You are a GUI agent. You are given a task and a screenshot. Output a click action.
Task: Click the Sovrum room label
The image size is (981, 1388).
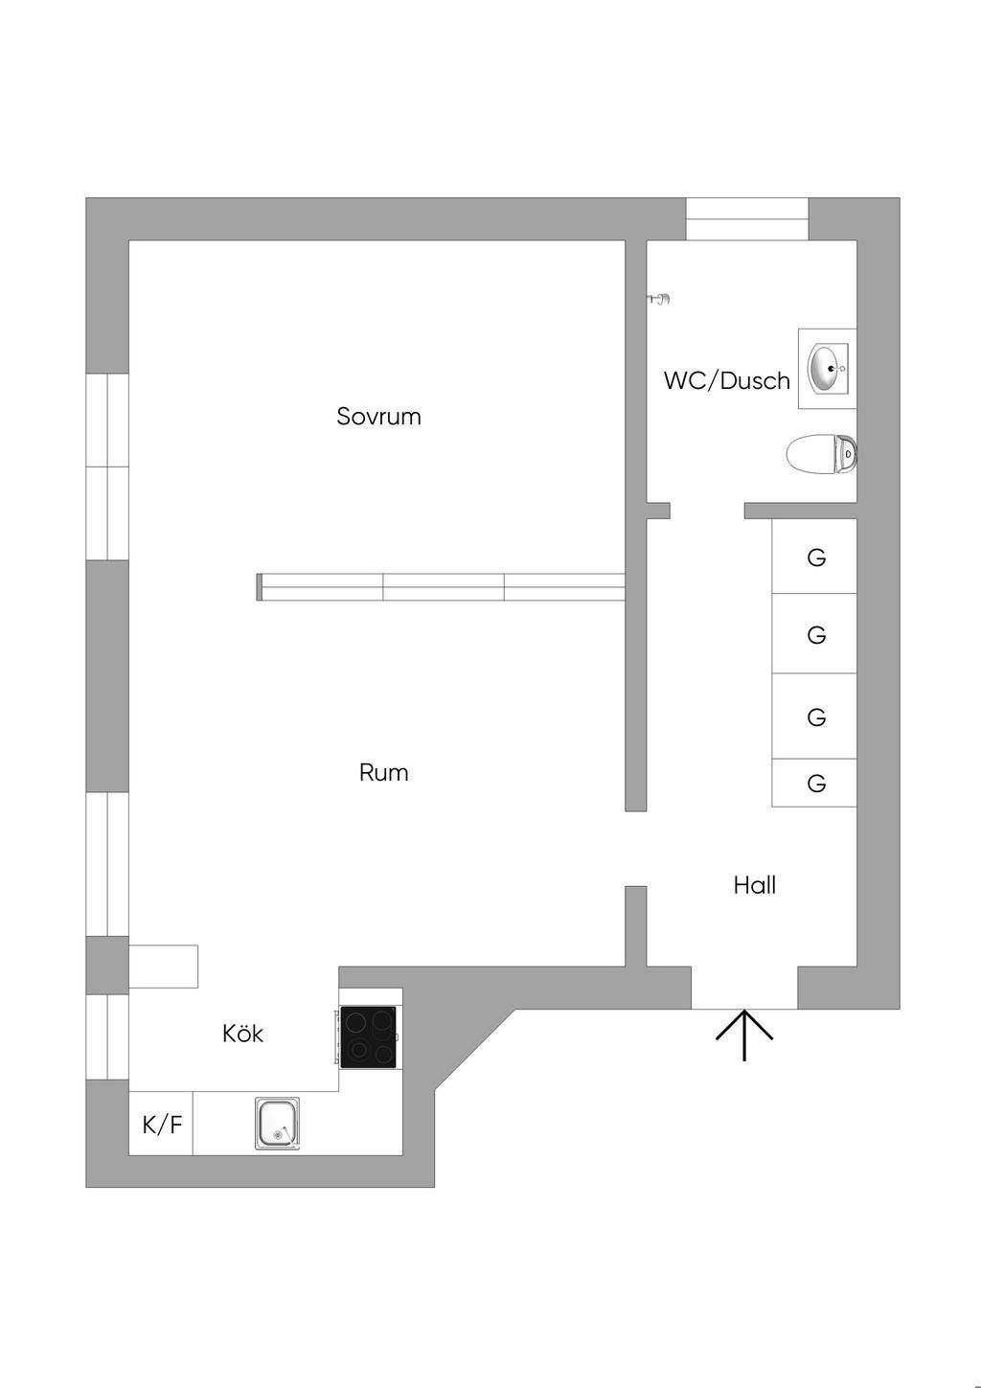tap(378, 417)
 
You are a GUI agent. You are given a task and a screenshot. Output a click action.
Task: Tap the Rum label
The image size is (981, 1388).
tap(383, 773)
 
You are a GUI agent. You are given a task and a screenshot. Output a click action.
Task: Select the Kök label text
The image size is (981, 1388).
tap(242, 1034)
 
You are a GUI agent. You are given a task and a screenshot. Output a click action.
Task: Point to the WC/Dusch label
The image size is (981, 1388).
tap(726, 381)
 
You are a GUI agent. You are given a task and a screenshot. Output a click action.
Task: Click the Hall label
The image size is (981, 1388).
tap(754, 885)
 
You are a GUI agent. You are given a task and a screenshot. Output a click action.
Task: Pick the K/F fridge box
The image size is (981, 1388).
tap(161, 1124)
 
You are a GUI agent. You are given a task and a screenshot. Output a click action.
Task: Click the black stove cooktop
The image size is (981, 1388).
tap(369, 1036)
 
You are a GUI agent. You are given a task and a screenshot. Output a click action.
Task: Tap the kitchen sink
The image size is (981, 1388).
tap(277, 1123)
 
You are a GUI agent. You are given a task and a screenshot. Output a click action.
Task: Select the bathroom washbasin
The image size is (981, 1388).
tap(827, 369)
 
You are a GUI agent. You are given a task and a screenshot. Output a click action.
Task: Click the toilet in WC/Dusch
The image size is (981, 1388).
tap(822, 454)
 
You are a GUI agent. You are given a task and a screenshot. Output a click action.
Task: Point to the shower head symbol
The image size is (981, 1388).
tap(660, 300)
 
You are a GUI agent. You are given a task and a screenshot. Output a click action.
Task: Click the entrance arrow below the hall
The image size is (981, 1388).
tap(744, 1035)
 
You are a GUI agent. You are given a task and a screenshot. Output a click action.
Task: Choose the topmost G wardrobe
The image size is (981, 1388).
tap(814, 557)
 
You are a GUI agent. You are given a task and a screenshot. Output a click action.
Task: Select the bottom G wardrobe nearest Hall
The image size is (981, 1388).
tap(814, 784)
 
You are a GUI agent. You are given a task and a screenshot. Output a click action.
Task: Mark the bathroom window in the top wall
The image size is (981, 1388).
tap(747, 218)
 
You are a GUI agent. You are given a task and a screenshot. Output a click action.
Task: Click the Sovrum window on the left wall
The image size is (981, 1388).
tap(107, 466)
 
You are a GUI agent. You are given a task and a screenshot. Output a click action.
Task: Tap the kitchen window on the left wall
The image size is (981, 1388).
tap(107, 1036)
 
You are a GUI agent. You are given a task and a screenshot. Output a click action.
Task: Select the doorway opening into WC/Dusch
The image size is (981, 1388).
tap(707, 510)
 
